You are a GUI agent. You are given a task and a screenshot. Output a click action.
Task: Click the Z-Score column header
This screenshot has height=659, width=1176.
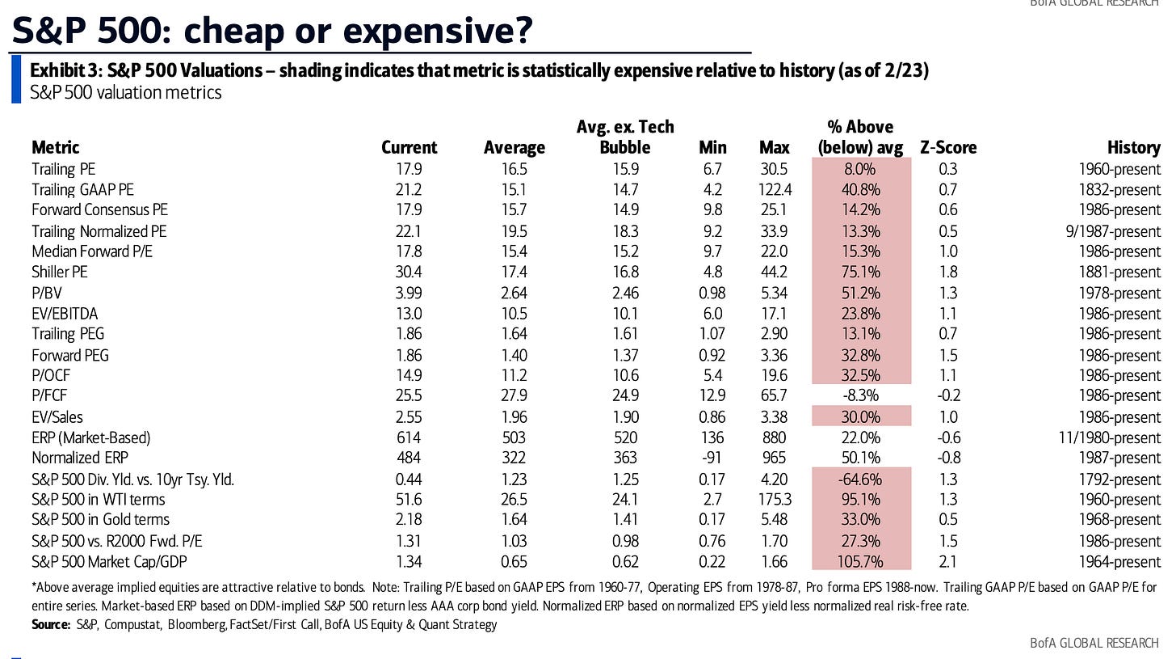(948, 148)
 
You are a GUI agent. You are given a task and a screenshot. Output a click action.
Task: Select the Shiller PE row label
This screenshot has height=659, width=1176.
(60, 272)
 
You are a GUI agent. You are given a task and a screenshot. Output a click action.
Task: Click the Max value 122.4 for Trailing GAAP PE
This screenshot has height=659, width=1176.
(775, 190)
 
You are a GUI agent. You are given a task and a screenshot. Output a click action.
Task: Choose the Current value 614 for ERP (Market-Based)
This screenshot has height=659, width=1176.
(409, 437)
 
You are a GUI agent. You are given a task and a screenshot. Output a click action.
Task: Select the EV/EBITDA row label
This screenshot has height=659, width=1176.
(65, 314)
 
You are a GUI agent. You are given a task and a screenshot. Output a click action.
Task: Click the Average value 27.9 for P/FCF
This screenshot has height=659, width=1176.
(514, 396)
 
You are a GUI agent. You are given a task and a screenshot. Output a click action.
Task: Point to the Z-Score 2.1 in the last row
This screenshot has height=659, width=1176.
(948, 562)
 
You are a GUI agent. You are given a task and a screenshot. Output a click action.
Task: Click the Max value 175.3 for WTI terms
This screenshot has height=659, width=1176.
(775, 500)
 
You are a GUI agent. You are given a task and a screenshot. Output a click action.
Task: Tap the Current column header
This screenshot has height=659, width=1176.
(409, 148)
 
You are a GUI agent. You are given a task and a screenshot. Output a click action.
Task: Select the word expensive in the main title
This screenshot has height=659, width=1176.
(432, 30)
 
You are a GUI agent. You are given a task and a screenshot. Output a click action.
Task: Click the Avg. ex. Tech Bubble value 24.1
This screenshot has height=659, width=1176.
(625, 500)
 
